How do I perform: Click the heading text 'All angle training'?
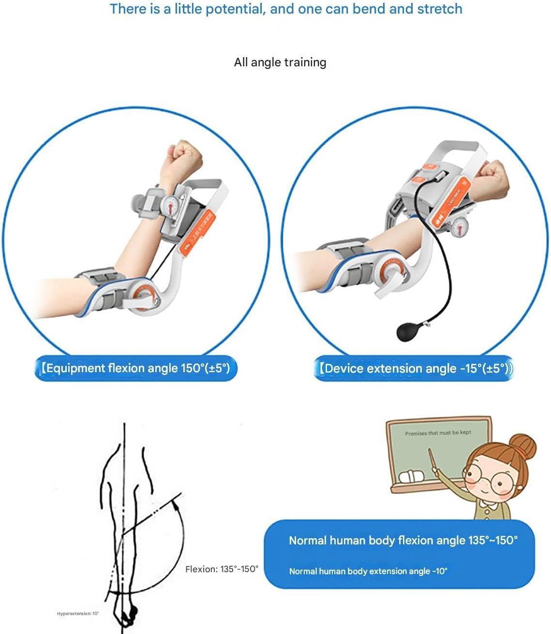click(280, 62)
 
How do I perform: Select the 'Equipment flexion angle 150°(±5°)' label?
click(135, 368)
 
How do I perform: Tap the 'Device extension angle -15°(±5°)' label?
click(414, 369)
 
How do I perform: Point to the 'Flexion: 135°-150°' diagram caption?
click(222, 569)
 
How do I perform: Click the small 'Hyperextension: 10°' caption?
click(77, 614)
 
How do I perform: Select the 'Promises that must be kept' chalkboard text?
click(438, 433)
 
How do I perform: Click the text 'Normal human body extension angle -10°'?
click(368, 571)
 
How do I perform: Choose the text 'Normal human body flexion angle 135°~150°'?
click(403, 541)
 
